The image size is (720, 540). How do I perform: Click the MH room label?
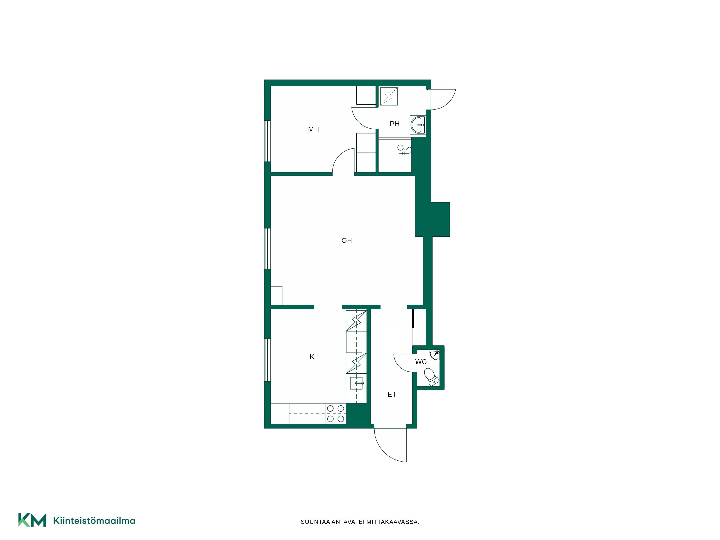[x=313, y=130]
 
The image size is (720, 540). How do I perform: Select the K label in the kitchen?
[x=312, y=357]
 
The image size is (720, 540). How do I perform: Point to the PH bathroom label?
[x=395, y=124]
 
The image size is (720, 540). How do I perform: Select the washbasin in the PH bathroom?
[x=418, y=125]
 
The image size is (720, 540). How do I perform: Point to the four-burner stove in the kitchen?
[x=335, y=413]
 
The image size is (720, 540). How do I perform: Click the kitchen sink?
[x=356, y=383]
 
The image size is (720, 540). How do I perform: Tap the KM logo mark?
[x=32, y=520]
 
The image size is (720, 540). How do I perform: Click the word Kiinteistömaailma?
[x=94, y=521]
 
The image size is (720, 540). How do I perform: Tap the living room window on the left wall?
[x=267, y=249]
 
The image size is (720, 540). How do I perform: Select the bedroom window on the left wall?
[x=267, y=141]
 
